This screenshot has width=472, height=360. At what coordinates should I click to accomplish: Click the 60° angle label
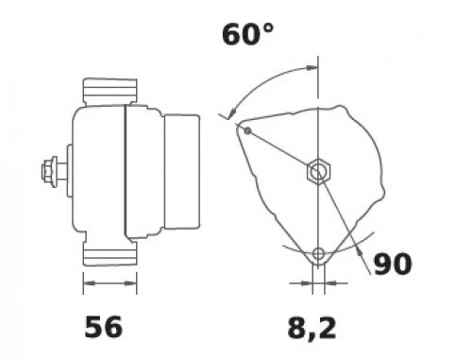247,34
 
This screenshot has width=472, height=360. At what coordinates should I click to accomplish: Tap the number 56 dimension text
104,327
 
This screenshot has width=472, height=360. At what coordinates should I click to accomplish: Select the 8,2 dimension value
312,329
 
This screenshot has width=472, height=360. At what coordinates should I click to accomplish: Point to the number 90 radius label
393,264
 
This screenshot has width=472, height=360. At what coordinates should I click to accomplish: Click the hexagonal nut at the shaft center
318,172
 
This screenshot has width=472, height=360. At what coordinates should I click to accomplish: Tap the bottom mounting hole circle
318,253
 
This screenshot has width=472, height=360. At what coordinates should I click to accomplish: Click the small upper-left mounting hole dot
248,130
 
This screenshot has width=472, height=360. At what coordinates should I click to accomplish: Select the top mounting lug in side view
110,92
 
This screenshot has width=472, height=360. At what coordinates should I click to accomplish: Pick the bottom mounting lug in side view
110,253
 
